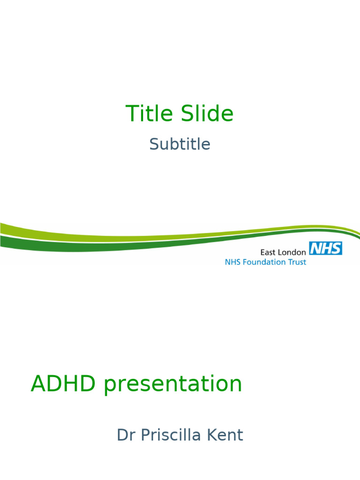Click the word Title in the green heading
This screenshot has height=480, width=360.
click(x=147, y=114)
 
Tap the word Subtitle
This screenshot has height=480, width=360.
click(x=180, y=144)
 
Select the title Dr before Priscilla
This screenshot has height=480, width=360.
click(x=126, y=435)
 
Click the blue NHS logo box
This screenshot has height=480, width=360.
click(x=325, y=248)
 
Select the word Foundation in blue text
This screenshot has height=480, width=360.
click(x=265, y=262)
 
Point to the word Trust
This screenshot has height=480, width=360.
click(x=296, y=262)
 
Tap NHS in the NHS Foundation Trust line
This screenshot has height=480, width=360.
click(x=232, y=262)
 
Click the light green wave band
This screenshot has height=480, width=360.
click(x=70, y=232)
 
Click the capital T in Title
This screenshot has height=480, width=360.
click(x=131, y=114)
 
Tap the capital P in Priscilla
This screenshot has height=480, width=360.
click(x=147, y=435)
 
